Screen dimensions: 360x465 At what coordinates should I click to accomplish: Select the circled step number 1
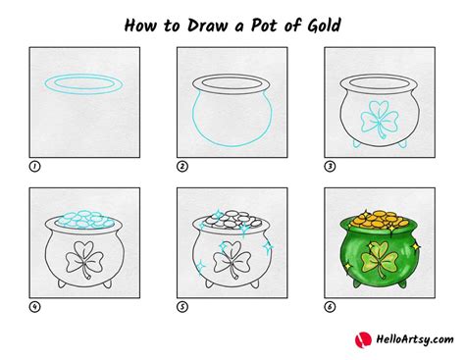pyautogui.click(x=35, y=167)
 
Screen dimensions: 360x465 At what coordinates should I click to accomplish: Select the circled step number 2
pyautogui.click(x=182, y=167)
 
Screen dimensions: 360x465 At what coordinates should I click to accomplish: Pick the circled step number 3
pyautogui.click(x=330, y=167)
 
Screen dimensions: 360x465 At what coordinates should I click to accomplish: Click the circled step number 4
pyautogui.click(x=35, y=305)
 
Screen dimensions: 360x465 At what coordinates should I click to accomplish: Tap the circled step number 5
pyautogui.click(x=182, y=305)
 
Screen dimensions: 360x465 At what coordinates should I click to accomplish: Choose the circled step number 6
pyautogui.click(x=330, y=305)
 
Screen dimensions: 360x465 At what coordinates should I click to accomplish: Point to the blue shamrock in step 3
pyautogui.click(x=378, y=118)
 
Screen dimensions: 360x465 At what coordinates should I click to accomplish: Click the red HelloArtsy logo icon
pyautogui.click(x=363, y=339)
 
